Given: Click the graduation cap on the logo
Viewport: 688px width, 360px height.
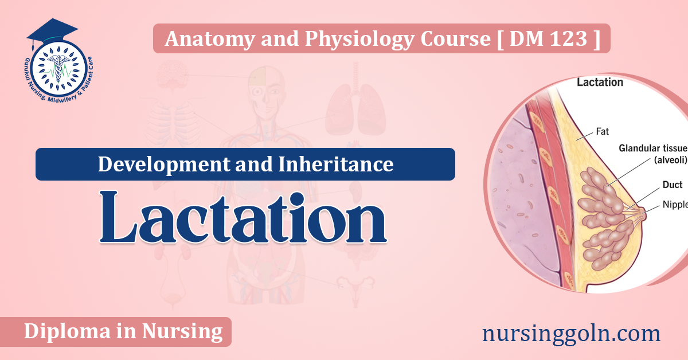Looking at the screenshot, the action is coord(52,31).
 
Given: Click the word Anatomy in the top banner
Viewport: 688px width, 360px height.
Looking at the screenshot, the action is coord(210,40).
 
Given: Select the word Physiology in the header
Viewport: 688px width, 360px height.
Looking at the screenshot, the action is coord(359,40).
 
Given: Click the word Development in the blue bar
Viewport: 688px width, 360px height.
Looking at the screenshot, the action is coord(164,165).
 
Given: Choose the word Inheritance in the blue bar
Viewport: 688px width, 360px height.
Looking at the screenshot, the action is coord(336,164).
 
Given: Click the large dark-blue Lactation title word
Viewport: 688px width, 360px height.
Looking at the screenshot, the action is coord(243,217).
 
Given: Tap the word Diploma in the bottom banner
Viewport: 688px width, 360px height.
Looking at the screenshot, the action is coord(67,332).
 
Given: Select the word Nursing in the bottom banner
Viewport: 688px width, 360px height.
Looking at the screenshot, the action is coord(182,332).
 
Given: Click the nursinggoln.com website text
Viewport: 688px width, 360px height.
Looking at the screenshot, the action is coord(571,334).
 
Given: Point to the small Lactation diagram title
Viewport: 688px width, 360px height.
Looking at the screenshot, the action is coord(600,83).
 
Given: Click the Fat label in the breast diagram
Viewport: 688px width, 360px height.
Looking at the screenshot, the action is coord(603,131).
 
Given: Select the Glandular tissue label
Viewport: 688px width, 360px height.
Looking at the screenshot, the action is coord(653,148).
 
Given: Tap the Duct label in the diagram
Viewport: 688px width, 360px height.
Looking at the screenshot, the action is coord(673,185).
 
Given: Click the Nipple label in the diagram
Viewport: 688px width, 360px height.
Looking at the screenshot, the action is coord(675,204).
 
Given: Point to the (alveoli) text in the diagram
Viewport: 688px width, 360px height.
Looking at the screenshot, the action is coord(670,160).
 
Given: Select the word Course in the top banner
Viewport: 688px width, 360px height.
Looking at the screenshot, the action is coord(455,39).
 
